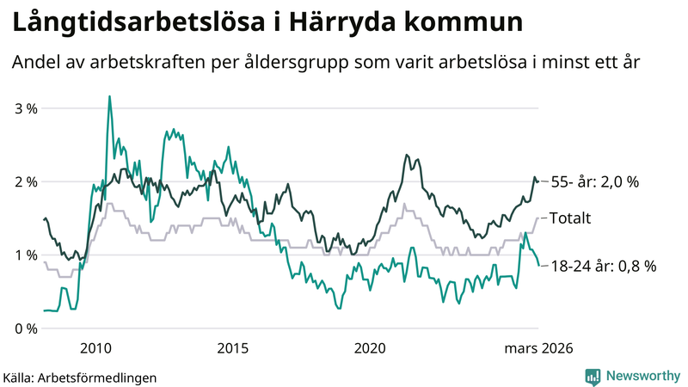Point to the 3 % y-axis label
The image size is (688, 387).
(27, 109)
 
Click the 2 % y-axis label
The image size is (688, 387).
(27, 182)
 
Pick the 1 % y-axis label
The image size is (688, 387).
(27, 255)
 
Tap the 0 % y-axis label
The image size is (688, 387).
(27, 329)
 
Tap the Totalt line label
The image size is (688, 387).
(570, 218)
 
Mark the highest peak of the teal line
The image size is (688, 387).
(109, 97)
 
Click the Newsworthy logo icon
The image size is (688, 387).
(593, 376)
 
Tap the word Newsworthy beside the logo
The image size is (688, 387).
(642, 376)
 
